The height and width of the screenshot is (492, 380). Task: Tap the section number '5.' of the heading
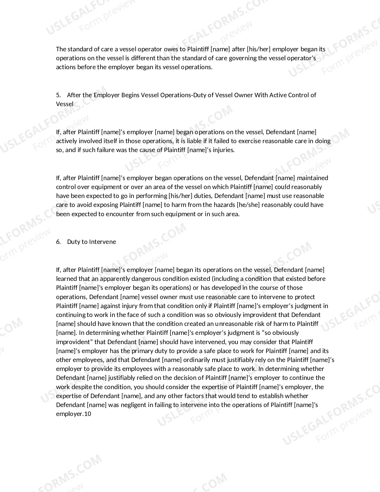point(58,95)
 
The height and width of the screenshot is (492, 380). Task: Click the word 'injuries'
point(224,150)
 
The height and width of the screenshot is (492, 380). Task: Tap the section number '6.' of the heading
point(58,242)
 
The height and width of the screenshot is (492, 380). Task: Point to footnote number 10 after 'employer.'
point(88,414)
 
